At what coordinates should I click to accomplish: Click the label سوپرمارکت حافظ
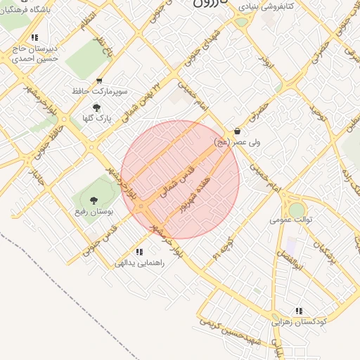point(98,91)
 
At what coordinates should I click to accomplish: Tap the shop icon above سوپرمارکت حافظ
point(98,81)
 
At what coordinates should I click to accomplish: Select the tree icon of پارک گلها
point(96,108)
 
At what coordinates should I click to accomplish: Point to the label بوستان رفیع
point(93,211)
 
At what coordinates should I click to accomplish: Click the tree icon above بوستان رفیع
point(94,200)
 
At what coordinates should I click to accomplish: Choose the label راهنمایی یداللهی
point(139,263)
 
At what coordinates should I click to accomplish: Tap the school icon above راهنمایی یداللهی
point(139,252)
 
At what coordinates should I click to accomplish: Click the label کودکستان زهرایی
point(300,321)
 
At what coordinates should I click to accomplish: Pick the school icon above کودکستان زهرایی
point(300,311)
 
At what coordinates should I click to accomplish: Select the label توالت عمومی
point(290,219)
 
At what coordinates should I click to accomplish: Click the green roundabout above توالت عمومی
point(297,210)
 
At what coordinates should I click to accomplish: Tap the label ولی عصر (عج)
point(236,141)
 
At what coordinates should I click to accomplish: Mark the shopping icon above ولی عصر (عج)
point(237,131)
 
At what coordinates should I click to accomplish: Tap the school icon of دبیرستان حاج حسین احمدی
point(34,38)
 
